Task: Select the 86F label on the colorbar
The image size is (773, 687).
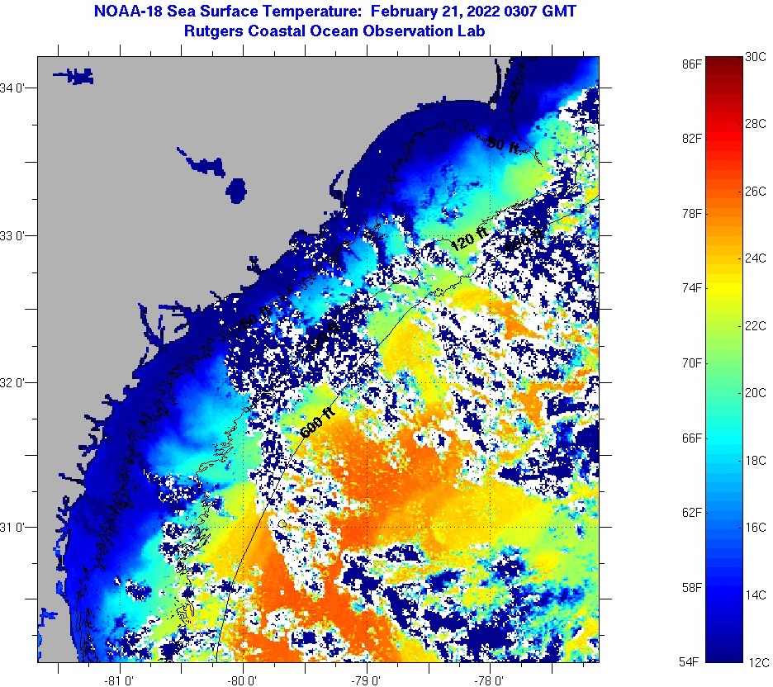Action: tap(692, 63)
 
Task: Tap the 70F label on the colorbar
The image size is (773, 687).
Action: tap(692, 362)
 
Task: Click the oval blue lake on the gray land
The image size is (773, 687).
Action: tap(236, 190)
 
